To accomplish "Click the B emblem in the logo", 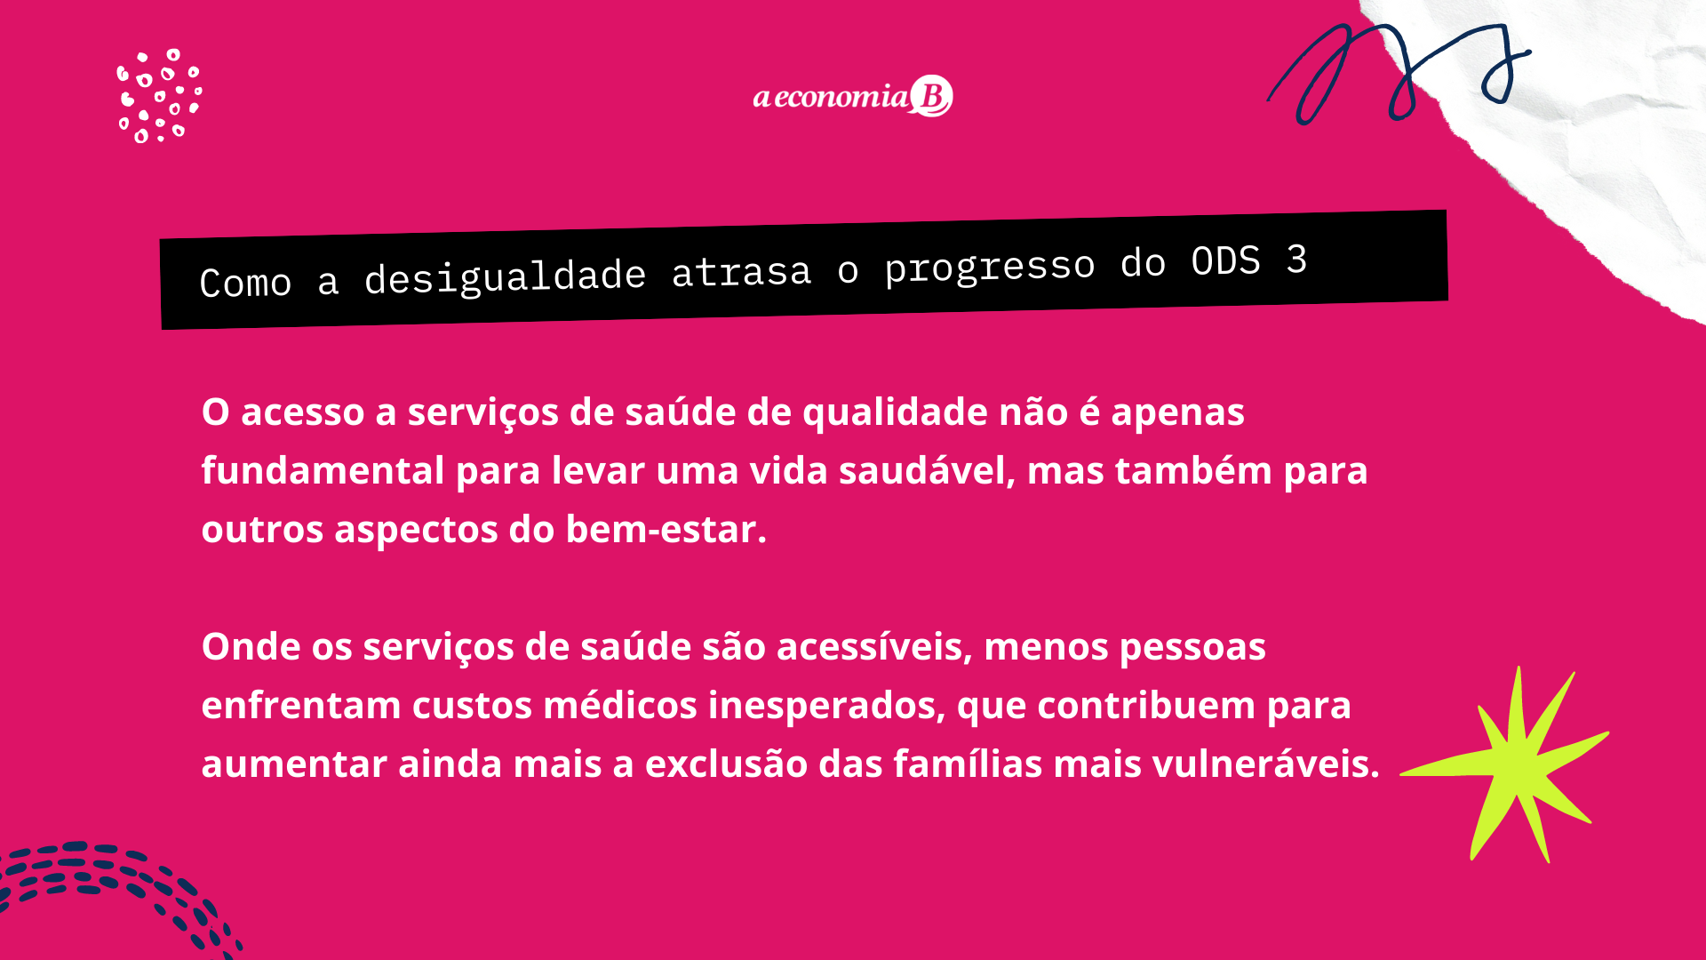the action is [x=931, y=96].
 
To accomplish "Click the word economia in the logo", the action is [x=841, y=96].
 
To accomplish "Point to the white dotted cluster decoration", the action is [x=160, y=96].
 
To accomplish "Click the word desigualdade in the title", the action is [x=505, y=276].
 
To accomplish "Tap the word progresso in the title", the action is [x=990, y=267].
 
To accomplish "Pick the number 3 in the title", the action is [x=1296, y=260].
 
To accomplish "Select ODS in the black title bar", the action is [x=1225, y=261].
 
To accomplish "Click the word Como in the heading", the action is [x=245, y=283].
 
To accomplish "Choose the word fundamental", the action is [x=323, y=470].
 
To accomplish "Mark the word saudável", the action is [x=927, y=471].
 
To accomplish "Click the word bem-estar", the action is [x=666, y=530].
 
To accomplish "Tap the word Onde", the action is [x=251, y=646].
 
